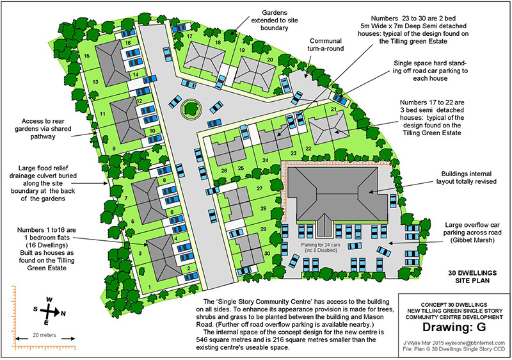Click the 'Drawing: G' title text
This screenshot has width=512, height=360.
pos(454,327)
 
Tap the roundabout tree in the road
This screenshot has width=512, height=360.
pos(190,108)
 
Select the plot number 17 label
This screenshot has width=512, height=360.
pos(189,37)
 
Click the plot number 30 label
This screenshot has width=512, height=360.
pos(267,253)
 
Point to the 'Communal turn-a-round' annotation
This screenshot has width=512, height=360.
pos(326,45)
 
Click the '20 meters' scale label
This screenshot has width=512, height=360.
pos(44,335)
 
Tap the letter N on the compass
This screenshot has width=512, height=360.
pos(63,313)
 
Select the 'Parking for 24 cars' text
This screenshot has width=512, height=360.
pos(319,245)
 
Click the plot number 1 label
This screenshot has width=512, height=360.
pos(150,287)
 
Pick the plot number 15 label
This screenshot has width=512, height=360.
pos(86,56)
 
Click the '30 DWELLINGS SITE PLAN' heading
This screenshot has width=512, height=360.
pos(472,277)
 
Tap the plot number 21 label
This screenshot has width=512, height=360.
pos(333,109)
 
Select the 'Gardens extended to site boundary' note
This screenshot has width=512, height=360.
pos(275,20)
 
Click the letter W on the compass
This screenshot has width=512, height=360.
pos(49,299)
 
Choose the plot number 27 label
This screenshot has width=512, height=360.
pos(260,188)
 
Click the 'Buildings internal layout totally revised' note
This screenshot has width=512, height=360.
pos(467,177)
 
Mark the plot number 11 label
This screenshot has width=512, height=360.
pos(103,113)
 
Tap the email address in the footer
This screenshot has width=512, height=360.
pos(477,343)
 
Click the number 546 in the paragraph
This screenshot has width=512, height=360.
pos(202,340)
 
